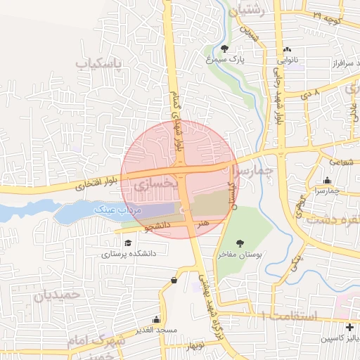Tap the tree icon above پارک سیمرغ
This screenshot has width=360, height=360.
224,49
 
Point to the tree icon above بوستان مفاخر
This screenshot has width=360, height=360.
240,243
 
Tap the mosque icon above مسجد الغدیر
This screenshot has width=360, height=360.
157,320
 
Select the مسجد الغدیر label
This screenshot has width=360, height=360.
157,330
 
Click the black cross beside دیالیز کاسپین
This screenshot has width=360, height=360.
349,328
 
